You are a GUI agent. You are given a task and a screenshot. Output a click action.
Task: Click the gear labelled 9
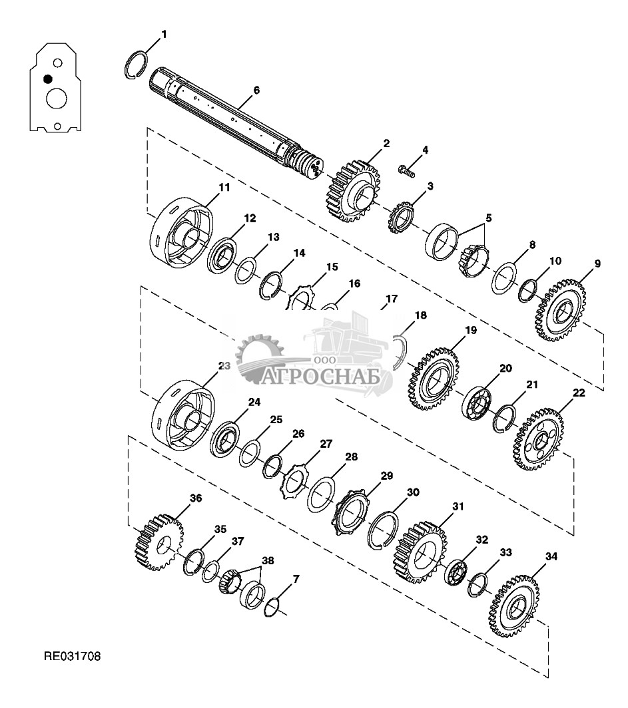tap(559, 310)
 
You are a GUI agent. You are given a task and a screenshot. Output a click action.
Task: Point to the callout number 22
tap(579, 393)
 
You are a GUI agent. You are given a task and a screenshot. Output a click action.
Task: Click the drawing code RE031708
tap(72, 657)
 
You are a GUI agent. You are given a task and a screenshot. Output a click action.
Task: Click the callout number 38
tap(268, 561)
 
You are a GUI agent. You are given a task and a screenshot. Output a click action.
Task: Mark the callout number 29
tap(386, 476)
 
